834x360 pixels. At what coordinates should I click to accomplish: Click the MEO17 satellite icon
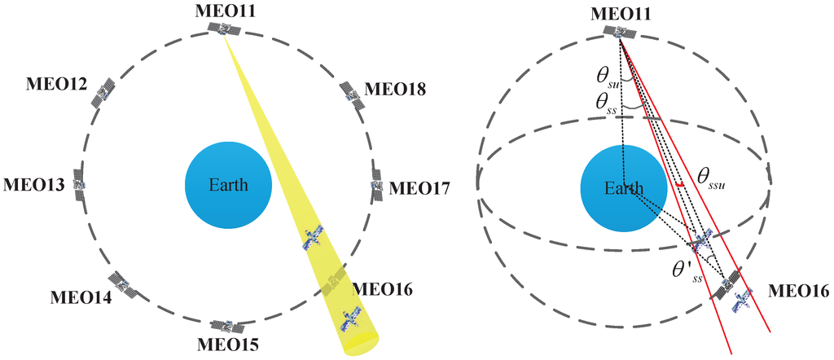pyautogui.click(x=377, y=184)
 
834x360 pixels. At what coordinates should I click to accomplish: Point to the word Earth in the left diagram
pyautogui.click(x=227, y=184)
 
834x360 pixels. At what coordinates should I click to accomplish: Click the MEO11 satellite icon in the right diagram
pyautogui.click(x=622, y=31)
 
